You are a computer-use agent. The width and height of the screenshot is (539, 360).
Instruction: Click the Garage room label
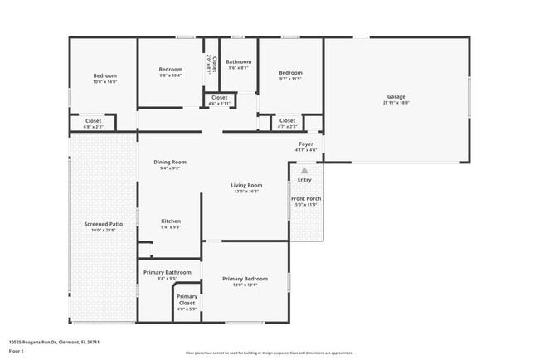396,96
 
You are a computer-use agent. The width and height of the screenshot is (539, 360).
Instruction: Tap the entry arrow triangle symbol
304,171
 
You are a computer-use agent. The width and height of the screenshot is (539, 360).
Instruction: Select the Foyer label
306,144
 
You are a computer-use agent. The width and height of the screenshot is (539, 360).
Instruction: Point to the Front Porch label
304,198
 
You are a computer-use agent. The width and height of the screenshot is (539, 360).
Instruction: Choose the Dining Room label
170,162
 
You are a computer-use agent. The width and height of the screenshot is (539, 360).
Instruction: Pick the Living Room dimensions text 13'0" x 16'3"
246,192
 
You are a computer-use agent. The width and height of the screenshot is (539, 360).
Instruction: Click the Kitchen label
170,221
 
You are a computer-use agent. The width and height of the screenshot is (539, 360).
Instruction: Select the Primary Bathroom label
167,272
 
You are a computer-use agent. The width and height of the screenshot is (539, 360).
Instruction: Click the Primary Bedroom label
245,279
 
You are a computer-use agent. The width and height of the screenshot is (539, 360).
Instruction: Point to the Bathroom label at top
239,61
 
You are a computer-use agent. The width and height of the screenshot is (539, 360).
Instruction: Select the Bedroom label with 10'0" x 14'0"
104,75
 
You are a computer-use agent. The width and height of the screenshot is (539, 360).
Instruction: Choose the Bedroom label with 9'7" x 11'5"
290,71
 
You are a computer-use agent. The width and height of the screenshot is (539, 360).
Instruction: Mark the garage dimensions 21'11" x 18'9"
396,103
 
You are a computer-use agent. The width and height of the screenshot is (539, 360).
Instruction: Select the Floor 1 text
16,351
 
